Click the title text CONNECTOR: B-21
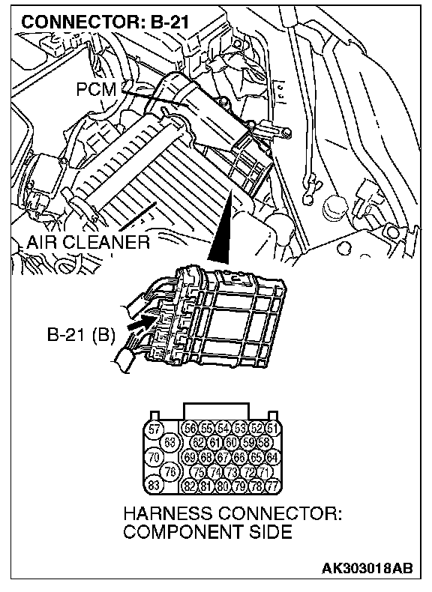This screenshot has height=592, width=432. pos(105,22)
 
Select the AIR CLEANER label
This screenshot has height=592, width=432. pos(88,242)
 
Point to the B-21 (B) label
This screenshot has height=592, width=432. pos(80,334)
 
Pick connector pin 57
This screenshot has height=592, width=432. pos(154,429)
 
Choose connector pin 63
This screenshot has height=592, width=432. pos(169,441)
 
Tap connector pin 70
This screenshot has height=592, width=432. pos(154,458)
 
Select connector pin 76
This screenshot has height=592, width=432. pos(169,471)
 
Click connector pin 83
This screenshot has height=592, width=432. pos(154,484)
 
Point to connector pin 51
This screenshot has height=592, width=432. pos(272,428)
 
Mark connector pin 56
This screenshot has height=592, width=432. pos(190,428)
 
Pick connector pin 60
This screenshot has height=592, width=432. pos(231,441)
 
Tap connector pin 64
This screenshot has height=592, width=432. pos(272,457)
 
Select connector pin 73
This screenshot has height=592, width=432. pos(231,471)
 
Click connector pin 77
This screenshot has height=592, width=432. pos(272,486)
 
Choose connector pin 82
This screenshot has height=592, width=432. pos(190,486)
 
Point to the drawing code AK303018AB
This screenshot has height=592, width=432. pos(367,568)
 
